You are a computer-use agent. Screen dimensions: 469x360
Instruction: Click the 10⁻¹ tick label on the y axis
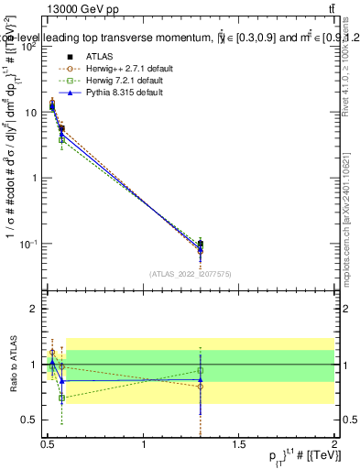click(x=30, y=244)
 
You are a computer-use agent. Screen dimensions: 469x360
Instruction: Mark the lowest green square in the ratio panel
click(x=61, y=398)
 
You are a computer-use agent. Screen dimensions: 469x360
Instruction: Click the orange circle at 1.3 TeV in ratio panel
click(x=200, y=386)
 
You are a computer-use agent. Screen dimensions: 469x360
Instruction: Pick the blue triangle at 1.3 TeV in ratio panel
click(x=200, y=379)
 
